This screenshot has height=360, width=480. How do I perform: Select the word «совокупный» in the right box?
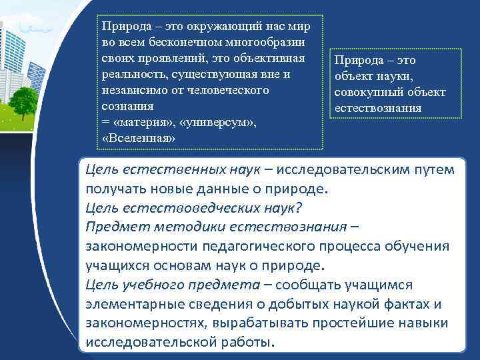pos(369,91)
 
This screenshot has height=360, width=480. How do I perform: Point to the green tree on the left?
pos(23,100)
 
